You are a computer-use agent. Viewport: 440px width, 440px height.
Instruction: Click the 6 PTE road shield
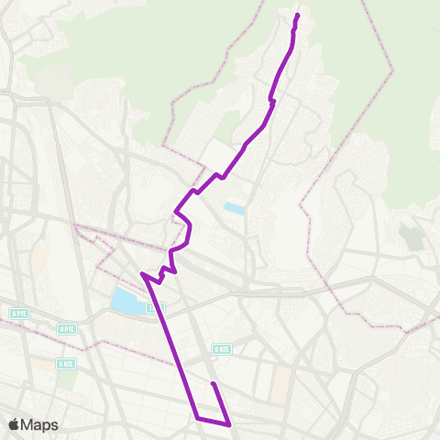[19, 313]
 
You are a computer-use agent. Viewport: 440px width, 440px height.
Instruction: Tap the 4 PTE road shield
[66, 328]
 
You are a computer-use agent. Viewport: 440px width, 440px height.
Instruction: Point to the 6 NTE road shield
[221, 348]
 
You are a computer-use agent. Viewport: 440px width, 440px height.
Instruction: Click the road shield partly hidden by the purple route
[152, 307]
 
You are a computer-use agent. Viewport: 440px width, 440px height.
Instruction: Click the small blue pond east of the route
[235, 209]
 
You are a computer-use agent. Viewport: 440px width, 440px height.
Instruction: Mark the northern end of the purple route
[298, 15]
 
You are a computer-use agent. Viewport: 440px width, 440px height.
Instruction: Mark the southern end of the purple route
[212, 383]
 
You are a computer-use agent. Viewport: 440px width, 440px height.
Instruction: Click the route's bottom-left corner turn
[197, 418]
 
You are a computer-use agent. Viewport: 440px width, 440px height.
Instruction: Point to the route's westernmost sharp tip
[141, 273]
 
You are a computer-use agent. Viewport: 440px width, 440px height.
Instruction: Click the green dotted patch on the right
[412, 237]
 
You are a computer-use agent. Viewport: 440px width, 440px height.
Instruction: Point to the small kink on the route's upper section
[271, 99]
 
